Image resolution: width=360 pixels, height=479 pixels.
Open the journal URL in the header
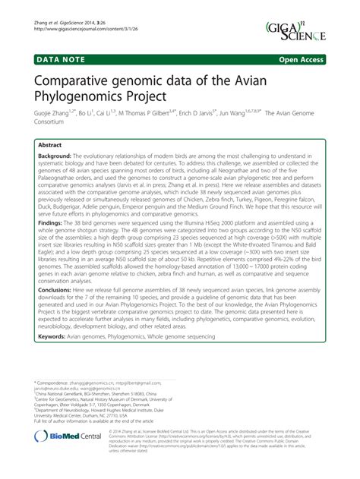tap(78, 11)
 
